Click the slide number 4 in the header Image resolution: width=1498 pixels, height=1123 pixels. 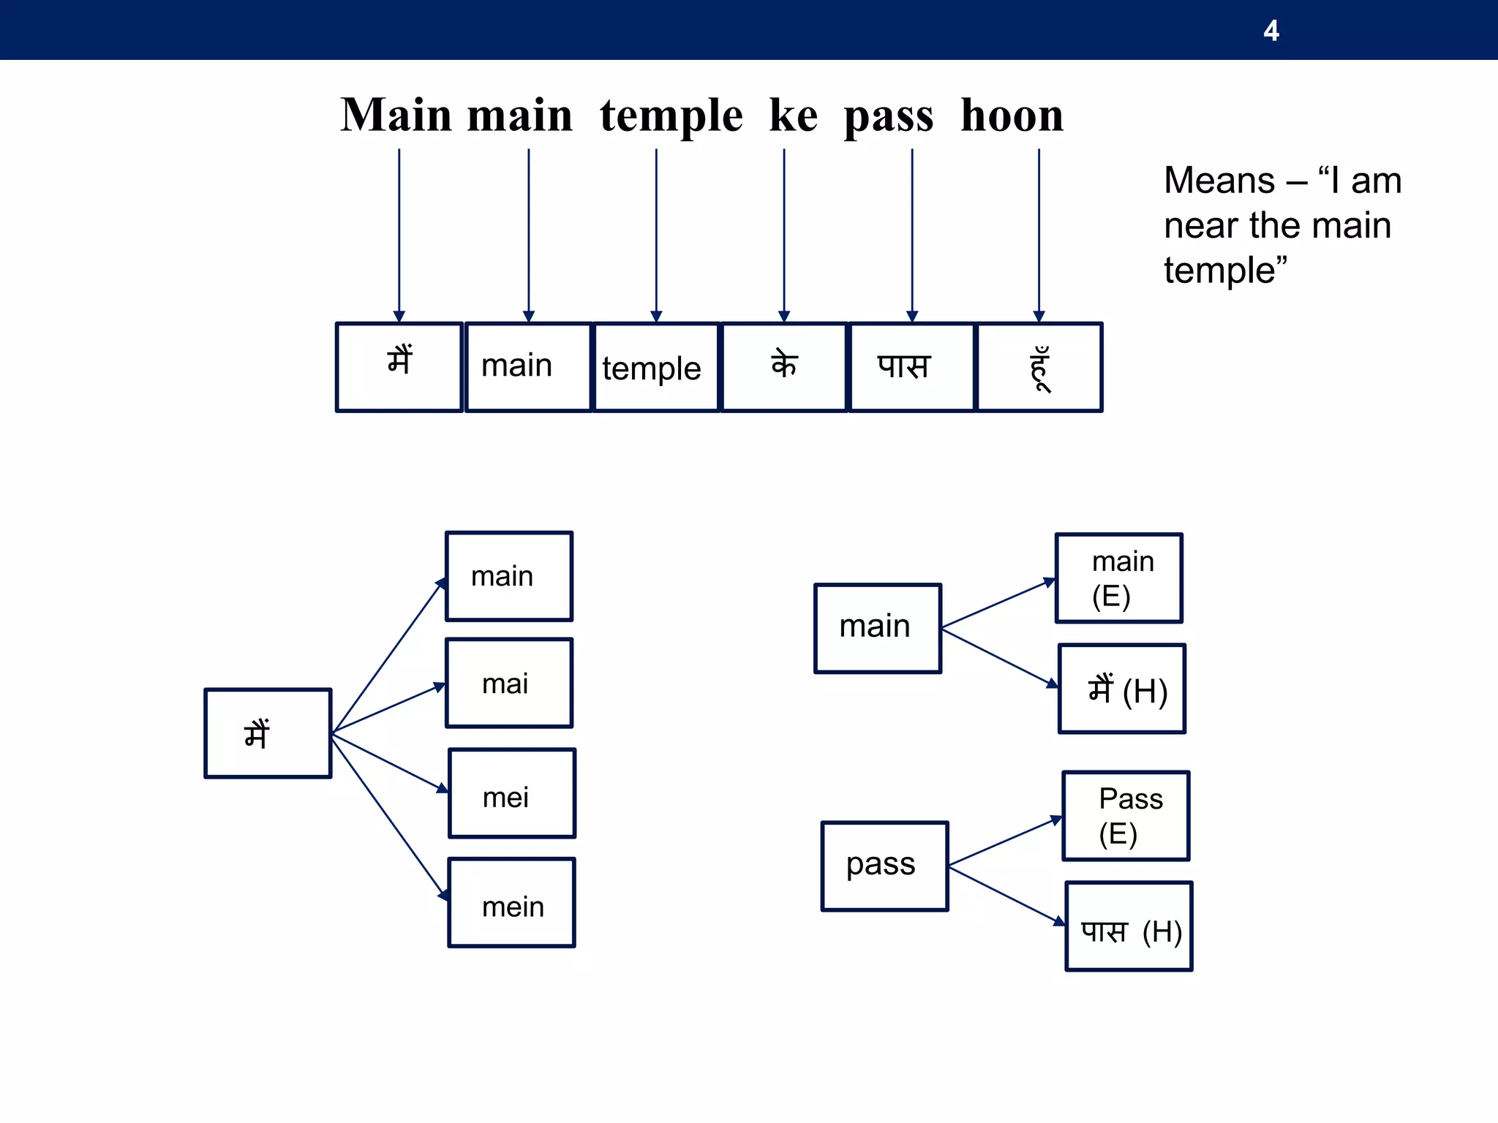pyautogui.click(x=1271, y=31)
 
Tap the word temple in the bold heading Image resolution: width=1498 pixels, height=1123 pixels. pyautogui.click(x=671, y=116)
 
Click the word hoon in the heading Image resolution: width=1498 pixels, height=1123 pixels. pyautogui.click(x=1012, y=116)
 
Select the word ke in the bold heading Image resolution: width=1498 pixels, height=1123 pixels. pyautogui.click(x=793, y=116)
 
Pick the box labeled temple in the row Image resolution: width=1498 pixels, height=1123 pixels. pyautogui.click(x=656, y=368)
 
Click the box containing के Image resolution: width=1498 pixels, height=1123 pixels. pyautogui.click(x=784, y=368)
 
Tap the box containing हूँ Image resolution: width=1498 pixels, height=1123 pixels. pyautogui.click(x=1039, y=368)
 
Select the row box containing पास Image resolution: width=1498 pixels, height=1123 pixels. pyautogui.click(x=911, y=368)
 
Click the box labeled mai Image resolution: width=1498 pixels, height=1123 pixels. pyautogui.click(x=509, y=683)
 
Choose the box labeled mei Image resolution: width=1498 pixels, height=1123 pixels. pyautogui.click(x=511, y=793)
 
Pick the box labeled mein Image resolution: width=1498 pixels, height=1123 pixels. pyautogui.click(x=511, y=903)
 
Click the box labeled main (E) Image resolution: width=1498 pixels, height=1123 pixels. pyautogui.click(x=1118, y=578)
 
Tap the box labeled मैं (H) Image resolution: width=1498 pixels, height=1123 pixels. pyautogui.click(x=1121, y=689)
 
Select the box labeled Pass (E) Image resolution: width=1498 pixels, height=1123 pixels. pyautogui.click(x=1126, y=816)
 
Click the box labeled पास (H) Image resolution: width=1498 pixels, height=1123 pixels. pyautogui.click(x=1129, y=926)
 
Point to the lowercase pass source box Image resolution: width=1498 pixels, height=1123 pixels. pyautogui.click(x=884, y=866)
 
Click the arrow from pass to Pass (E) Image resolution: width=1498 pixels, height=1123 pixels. pyautogui.click(x=1004, y=842)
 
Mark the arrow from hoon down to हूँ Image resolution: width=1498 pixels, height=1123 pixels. pyautogui.click(x=1039, y=234)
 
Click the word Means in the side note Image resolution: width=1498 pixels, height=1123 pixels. pyautogui.click(x=1219, y=181)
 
